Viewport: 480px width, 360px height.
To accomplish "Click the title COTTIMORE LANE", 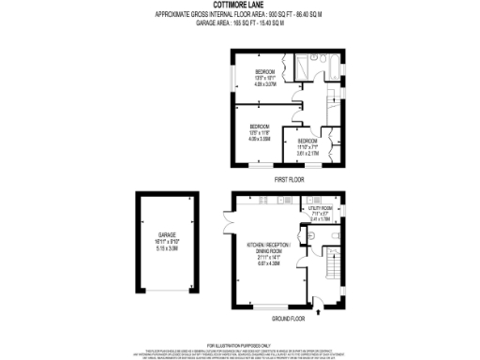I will (x=239, y=7).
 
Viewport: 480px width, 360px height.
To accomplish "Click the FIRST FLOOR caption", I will (x=289, y=178).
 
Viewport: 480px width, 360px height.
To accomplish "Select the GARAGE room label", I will (x=168, y=235).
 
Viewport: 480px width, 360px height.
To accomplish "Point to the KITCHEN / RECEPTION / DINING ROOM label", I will (x=269, y=247).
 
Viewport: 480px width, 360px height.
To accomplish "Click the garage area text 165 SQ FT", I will (x=239, y=22).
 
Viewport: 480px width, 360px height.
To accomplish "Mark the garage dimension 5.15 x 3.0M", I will (x=168, y=248).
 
